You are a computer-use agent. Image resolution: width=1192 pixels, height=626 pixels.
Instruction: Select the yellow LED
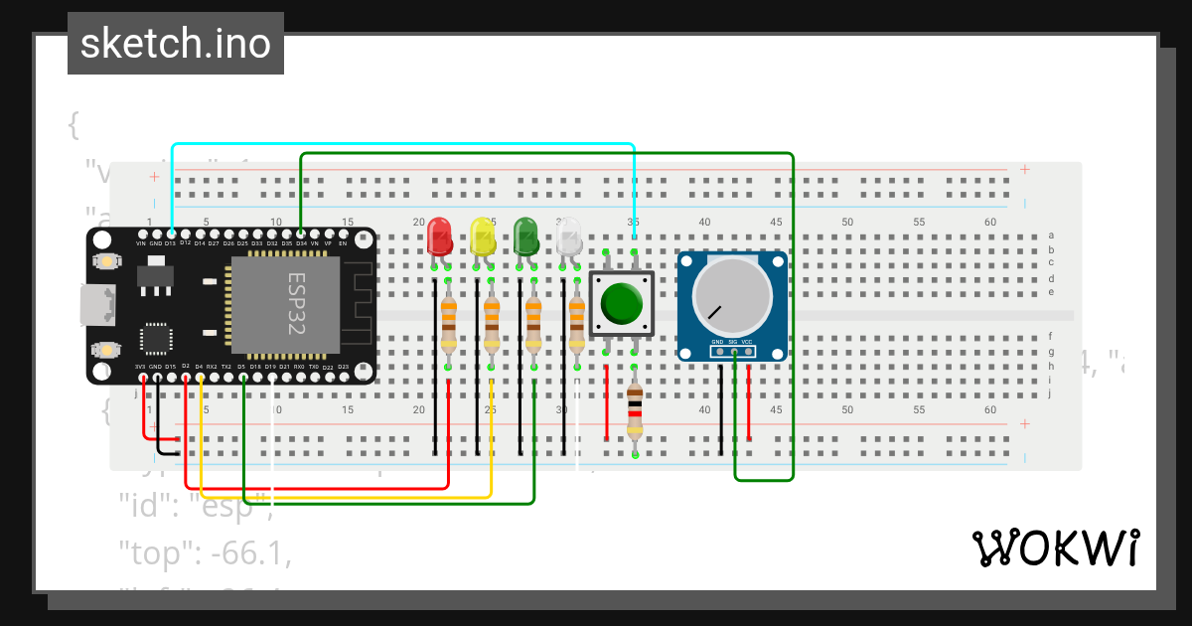pyautogui.click(x=483, y=236)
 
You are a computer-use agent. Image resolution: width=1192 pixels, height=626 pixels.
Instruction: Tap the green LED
pyautogui.click(x=525, y=236)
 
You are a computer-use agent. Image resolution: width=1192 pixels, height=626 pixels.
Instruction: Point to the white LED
pyautogui.click(x=568, y=236)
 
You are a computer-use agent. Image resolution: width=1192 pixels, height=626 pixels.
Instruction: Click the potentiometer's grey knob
pyautogui.click(x=732, y=295)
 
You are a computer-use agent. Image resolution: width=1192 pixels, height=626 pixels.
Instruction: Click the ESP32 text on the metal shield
pyautogui.click(x=297, y=304)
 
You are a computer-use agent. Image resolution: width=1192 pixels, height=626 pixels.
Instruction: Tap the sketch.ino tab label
pyautogui.click(x=176, y=44)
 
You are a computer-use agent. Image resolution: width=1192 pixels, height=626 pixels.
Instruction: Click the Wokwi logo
pyautogui.click(x=1054, y=548)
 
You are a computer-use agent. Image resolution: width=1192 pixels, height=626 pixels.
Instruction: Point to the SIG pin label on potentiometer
pyautogui.click(x=732, y=341)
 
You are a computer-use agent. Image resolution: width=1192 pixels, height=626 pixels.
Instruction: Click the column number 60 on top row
pyautogui.click(x=990, y=222)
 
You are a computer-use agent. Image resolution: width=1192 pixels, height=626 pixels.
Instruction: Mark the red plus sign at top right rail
pyautogui.click(x=1025, y=170)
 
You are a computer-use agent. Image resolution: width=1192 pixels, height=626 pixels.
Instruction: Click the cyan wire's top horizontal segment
pyautogui.click(x=397, y=144)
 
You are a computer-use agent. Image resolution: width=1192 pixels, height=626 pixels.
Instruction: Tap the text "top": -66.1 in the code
pyautogui.click(x=205, y=552)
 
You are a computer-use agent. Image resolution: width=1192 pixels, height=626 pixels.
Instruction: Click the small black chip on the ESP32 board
pyautogui.click(x=156, y=337)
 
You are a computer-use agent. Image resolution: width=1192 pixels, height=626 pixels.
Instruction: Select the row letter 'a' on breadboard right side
pyautogui.click(x=1051, y=236)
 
